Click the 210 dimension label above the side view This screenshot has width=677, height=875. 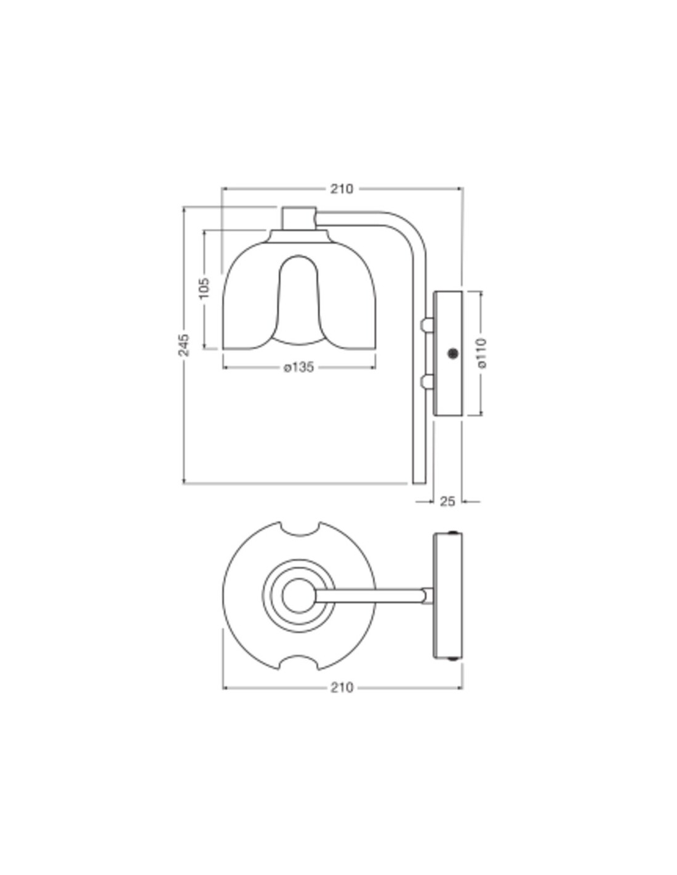342,188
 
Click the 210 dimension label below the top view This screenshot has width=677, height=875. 342,687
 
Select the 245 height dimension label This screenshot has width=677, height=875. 183,345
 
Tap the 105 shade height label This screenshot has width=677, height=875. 204,288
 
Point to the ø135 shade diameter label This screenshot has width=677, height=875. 298,367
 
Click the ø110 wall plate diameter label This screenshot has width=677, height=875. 481,353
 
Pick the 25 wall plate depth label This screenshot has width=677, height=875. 447,501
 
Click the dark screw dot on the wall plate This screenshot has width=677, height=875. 453,353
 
